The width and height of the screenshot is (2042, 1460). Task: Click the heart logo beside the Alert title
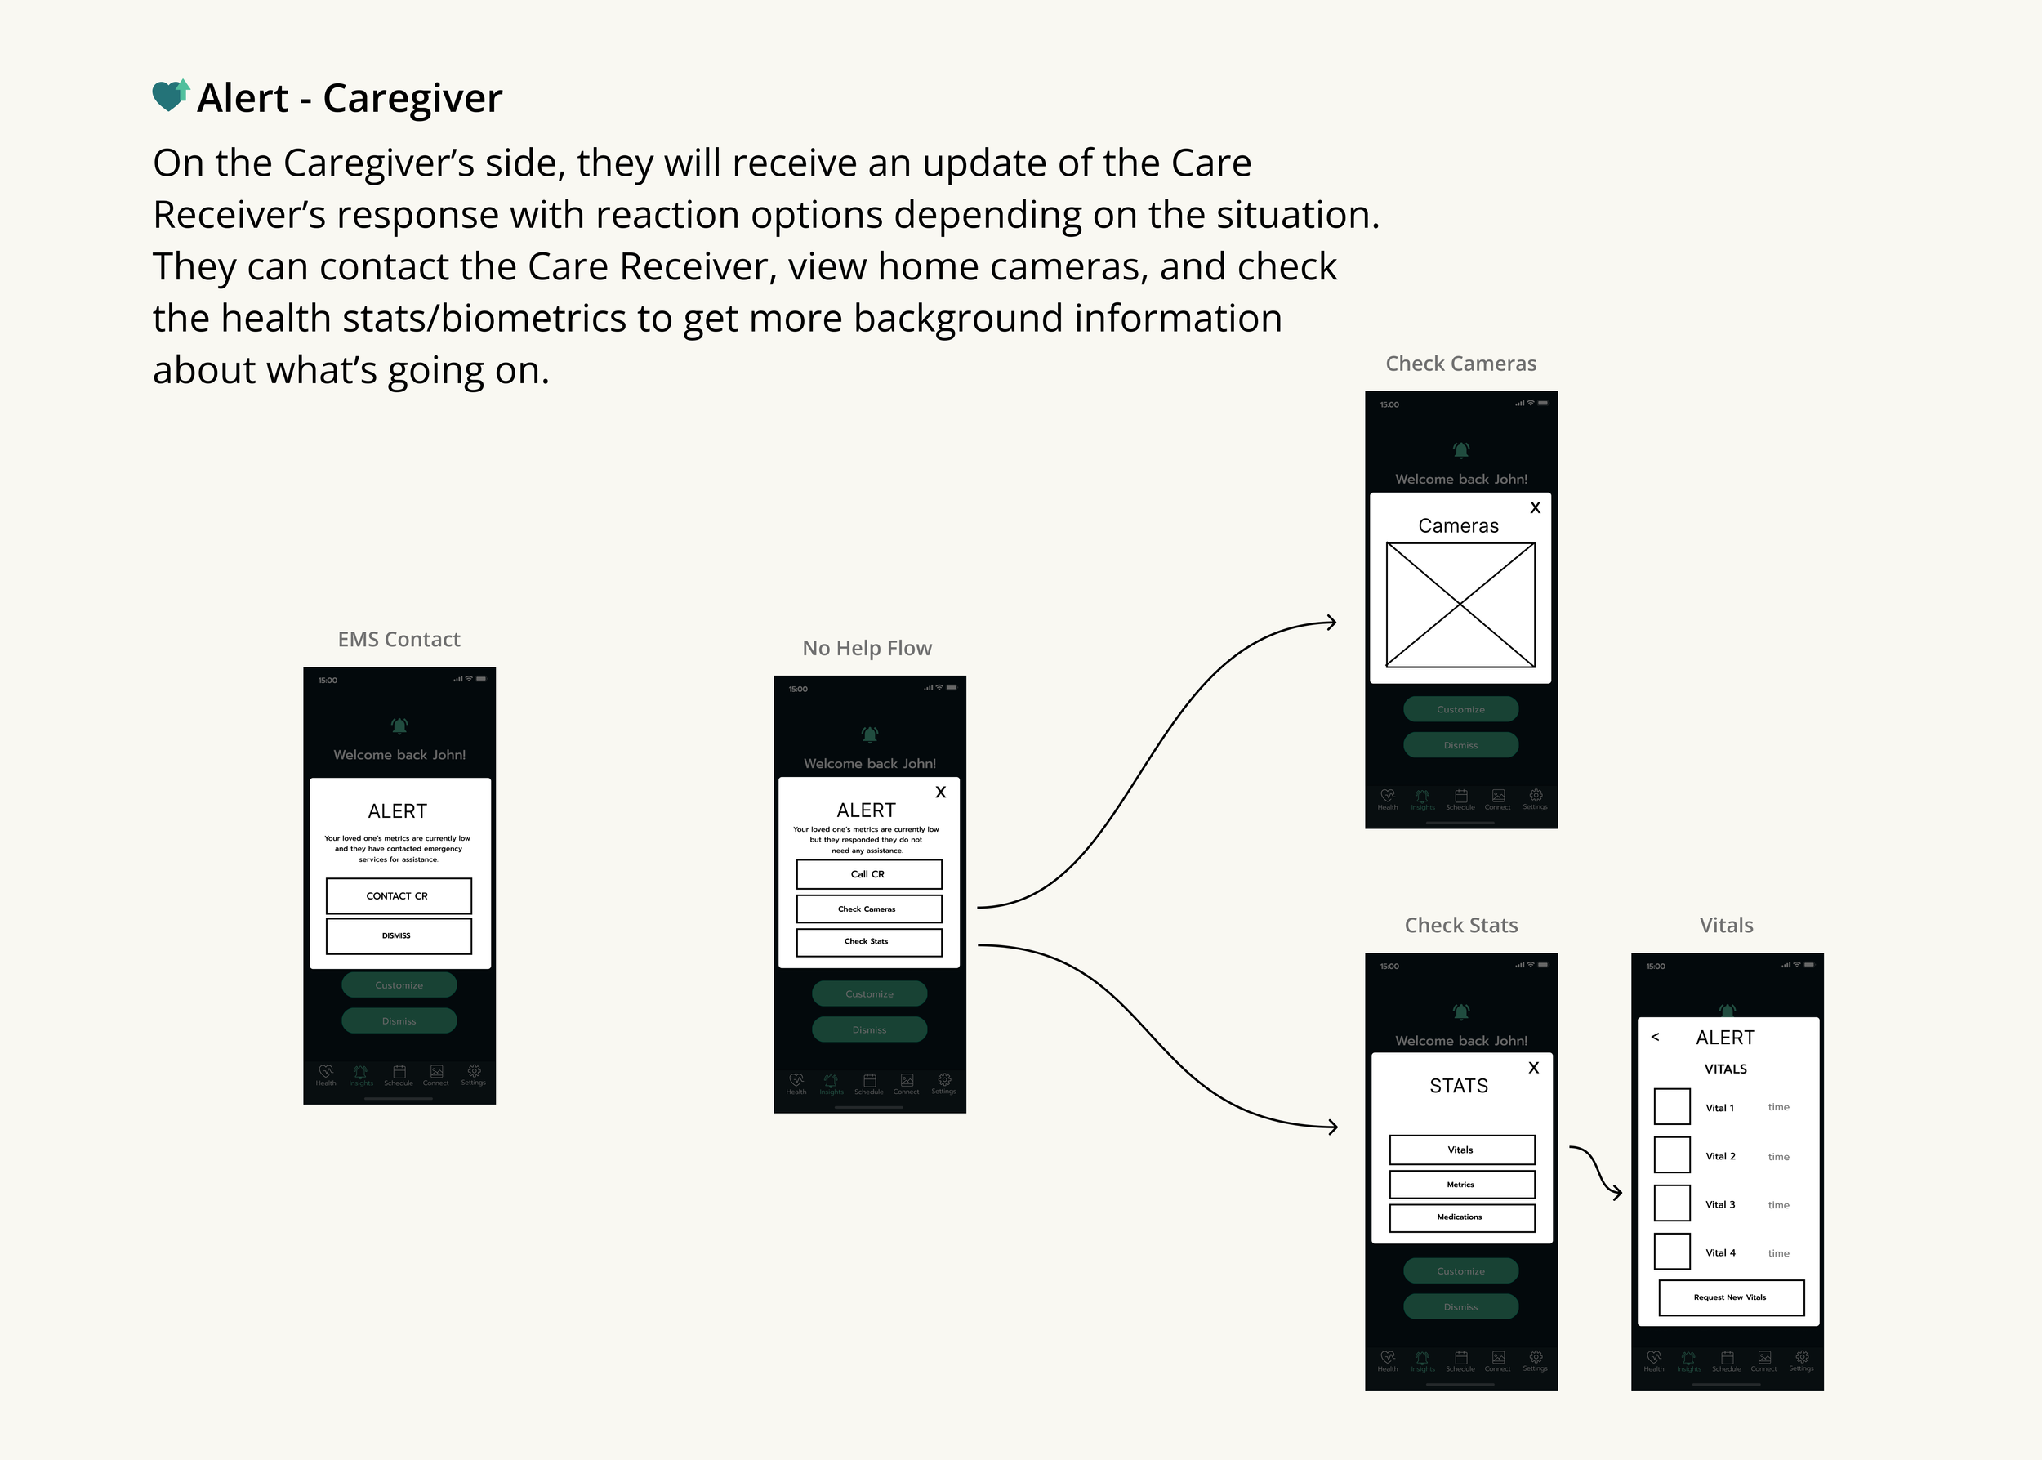coord(170,96)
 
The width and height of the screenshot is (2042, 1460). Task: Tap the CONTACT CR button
coord(398,895)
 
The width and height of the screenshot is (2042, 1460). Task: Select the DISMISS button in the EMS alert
coord(398,935)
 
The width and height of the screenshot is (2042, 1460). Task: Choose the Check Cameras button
coord(868,909)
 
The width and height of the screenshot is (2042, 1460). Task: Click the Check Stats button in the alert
coord(868,941)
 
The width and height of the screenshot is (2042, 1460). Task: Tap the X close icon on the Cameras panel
coord(1535,508)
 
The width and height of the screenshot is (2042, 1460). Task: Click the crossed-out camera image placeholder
coord(1460,605)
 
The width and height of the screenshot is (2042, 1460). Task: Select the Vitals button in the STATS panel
coord(1461,1150)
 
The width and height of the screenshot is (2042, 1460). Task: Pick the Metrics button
coord(1461,1185)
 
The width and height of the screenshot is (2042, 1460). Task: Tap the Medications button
coord(1461,1217)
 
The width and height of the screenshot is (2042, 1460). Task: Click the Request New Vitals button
coord(1731,1297)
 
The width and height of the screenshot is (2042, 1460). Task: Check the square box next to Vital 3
coord(1672,1203)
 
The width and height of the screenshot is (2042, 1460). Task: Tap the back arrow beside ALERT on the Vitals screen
coord(1655,1038)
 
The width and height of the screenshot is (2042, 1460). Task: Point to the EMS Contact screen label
coord(399,639)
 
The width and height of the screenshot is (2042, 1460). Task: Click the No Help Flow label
coord(867,648)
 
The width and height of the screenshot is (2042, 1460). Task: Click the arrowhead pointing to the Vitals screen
coord(1617,1193)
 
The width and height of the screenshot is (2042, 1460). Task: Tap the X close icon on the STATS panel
coord(1533,1068)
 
